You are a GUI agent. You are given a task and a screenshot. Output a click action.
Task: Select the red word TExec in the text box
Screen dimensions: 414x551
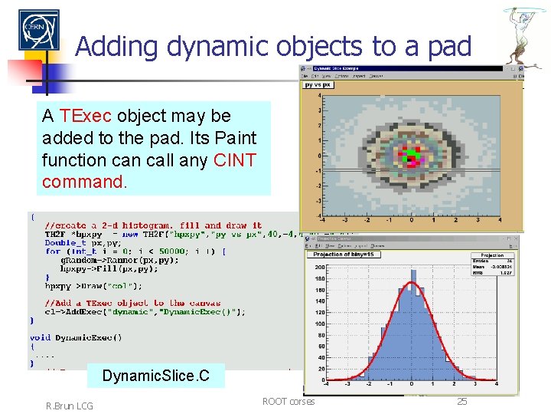(x=86, y=116)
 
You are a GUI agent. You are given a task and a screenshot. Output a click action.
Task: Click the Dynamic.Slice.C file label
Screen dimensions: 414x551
(x=155, y=376)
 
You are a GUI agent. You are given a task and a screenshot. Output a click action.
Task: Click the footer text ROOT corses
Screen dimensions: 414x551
(x=288, y=401)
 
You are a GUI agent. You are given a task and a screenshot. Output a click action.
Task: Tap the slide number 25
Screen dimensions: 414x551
(x=461, y=401)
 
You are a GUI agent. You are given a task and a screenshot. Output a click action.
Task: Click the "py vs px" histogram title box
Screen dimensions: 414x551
(x=319, y=85)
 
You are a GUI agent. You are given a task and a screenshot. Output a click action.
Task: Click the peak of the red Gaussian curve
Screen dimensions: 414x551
(x=412, y=283)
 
